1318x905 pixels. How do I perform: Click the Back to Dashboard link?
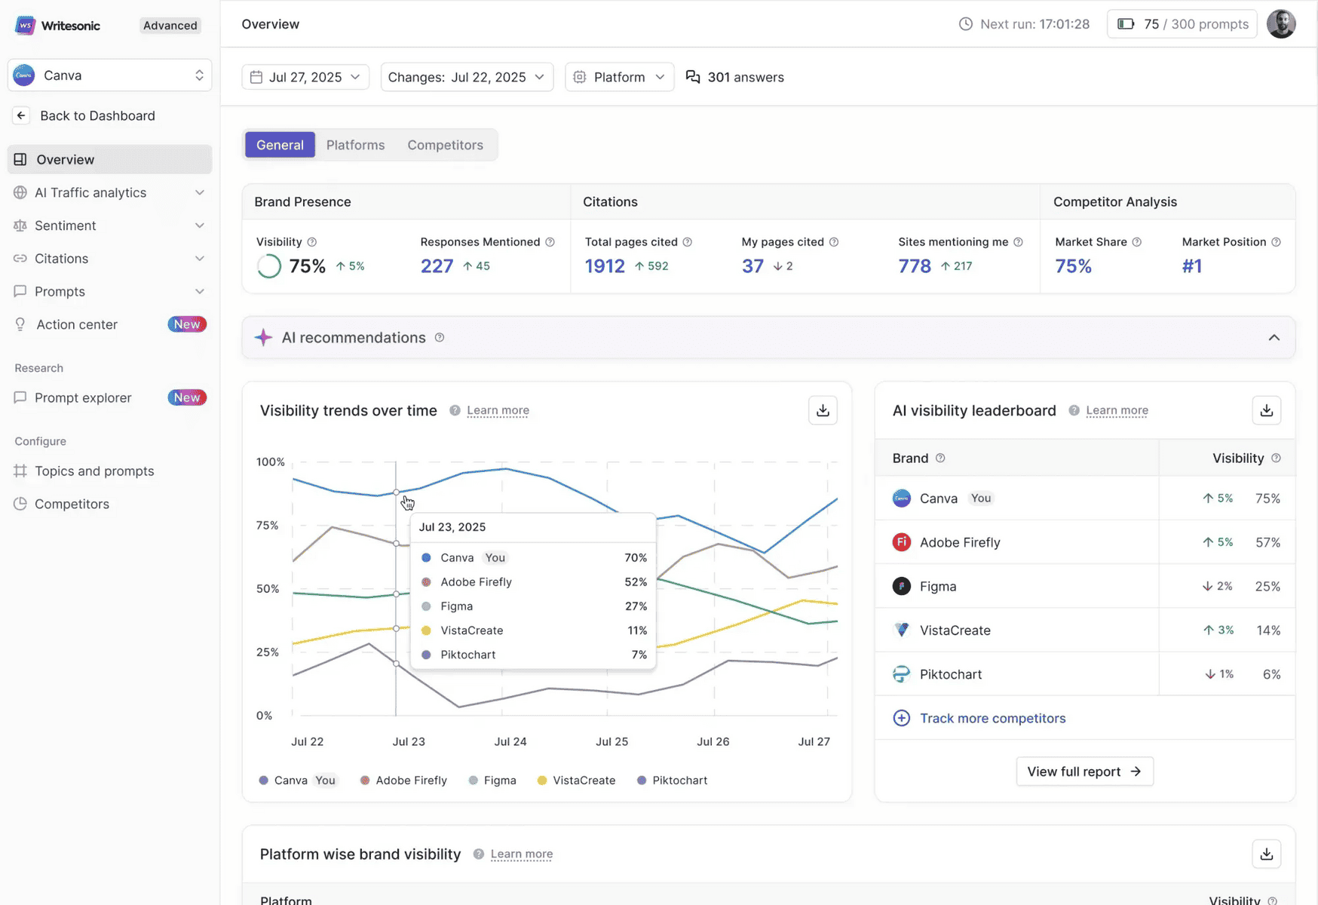[x=97, y=115]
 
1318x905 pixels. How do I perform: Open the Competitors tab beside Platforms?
[x=445, y=145]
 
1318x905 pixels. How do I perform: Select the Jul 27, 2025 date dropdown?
[x=305, y=77]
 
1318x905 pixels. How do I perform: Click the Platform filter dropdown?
[x=619, y=77]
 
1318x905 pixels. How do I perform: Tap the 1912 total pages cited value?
[x=605, y=266]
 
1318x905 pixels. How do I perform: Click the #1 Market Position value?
[x=1191, y=266]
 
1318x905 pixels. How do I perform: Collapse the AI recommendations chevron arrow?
[x=1274, y=338]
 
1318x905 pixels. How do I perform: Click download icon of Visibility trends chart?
[x=823, y=410]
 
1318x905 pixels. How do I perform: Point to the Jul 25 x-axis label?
[x=611, y=741]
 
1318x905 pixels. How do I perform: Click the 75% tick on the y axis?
[x=267, y=525]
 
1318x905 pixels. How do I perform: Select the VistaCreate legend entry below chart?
[x=584, y=781]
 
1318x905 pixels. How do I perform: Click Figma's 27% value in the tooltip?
[x=636, y=606]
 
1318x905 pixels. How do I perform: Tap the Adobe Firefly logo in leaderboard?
[x=901, y=542]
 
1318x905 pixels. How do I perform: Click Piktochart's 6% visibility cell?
[x=1271, y=674]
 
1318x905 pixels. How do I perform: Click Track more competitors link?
[x=992, y=718]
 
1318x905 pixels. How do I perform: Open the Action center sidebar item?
[x=77, y=324]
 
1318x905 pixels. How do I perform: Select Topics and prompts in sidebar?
[x=94, y=471]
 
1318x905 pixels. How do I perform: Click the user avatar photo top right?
[x=1280, y=24]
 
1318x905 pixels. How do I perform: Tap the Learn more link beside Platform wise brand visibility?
[x=521, y=854]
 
